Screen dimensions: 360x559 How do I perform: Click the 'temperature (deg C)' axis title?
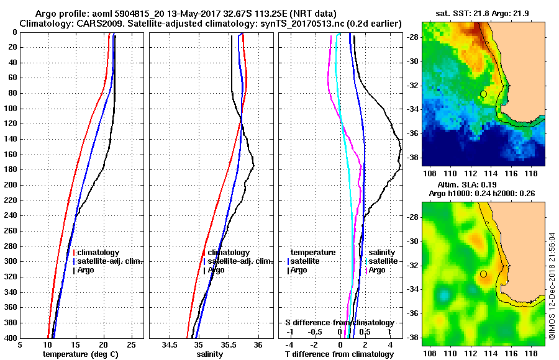point(80,354)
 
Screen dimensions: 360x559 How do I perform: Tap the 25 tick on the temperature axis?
point(131,344)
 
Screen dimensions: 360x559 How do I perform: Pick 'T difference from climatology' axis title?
point(338,354)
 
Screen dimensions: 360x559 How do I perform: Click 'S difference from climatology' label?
point(339,323)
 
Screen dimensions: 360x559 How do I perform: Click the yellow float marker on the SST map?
point(483,94)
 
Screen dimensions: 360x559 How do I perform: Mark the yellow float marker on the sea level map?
point(483,274)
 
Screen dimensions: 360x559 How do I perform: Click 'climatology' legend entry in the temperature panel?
point(97,253)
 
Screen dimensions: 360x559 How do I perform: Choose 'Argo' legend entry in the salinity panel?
point(216,271)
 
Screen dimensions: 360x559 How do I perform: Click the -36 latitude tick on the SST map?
point(414,133)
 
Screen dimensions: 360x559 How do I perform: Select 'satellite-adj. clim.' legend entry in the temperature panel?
point(109,261)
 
